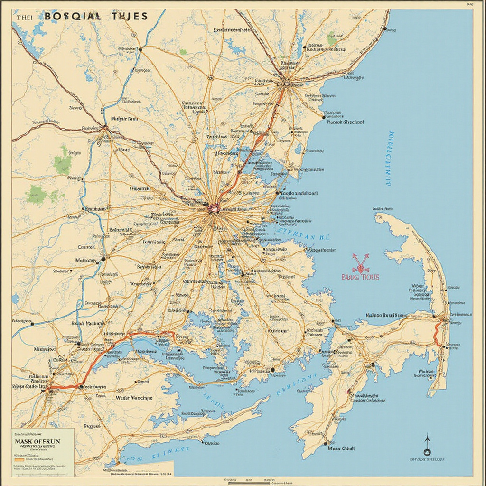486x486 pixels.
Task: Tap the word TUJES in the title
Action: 130,16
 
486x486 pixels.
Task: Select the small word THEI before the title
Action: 24,17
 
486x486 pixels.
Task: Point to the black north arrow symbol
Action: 427,445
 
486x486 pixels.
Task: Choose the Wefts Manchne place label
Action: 134,398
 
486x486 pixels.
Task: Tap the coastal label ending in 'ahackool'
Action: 346,122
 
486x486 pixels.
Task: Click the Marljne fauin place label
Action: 124,119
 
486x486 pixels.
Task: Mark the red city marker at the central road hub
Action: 214,206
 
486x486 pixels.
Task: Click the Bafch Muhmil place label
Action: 88,323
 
